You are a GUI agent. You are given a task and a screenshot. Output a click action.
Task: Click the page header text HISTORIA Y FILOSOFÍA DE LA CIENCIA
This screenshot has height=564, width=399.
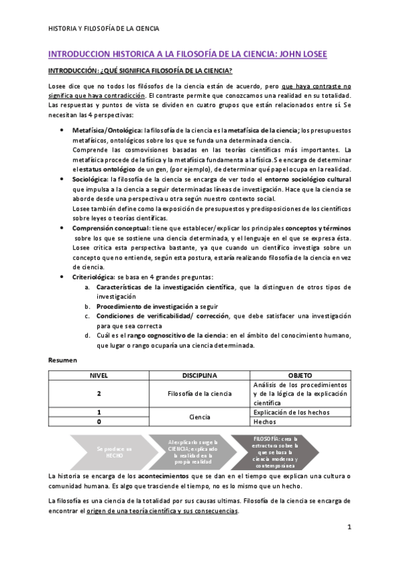[x=105, y=29]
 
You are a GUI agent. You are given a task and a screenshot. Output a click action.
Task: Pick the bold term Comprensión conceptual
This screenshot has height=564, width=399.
[x=109, y=228]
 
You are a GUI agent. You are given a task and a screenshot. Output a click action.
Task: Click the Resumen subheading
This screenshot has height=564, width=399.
[x=63, y=360]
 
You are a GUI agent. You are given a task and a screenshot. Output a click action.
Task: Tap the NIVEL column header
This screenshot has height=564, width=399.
[x=99, y=375]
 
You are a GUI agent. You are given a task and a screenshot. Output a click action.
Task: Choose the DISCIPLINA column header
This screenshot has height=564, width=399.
[x=200, y=375]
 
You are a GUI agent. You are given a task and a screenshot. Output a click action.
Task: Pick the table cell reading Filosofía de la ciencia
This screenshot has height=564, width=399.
[x=200, y=394]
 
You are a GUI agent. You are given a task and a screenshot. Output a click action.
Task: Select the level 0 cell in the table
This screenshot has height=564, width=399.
[x=99, y=422]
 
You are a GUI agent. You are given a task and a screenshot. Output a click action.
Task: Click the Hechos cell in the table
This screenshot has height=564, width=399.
[x=264, y=422]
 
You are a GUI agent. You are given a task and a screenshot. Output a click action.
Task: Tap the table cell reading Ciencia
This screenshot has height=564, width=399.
[x=200, y=417]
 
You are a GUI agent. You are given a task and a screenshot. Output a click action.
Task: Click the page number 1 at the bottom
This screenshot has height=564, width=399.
[x=349, y=527]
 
